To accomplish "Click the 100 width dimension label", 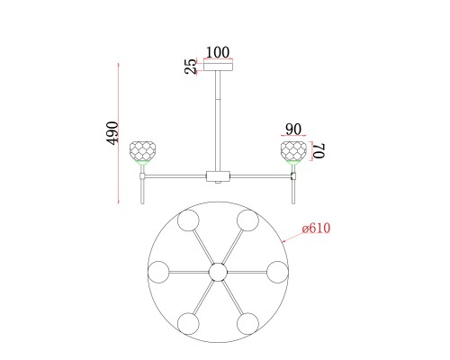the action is click(x=218, y=52).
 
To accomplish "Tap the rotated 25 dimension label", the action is click(x=191, y=67).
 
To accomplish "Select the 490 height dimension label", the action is click(x=112, y=133).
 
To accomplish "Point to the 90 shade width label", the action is click(x=293, y=130).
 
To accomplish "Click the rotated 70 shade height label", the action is click(x=319, y=151).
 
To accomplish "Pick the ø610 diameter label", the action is click(x=316, y=229).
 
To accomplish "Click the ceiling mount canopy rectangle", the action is click(x=219, y=67).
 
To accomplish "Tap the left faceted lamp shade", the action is click(x=142, y=150).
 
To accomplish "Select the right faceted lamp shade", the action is click(x=293, y=150).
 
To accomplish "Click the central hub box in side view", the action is click(x=218, y=176).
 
